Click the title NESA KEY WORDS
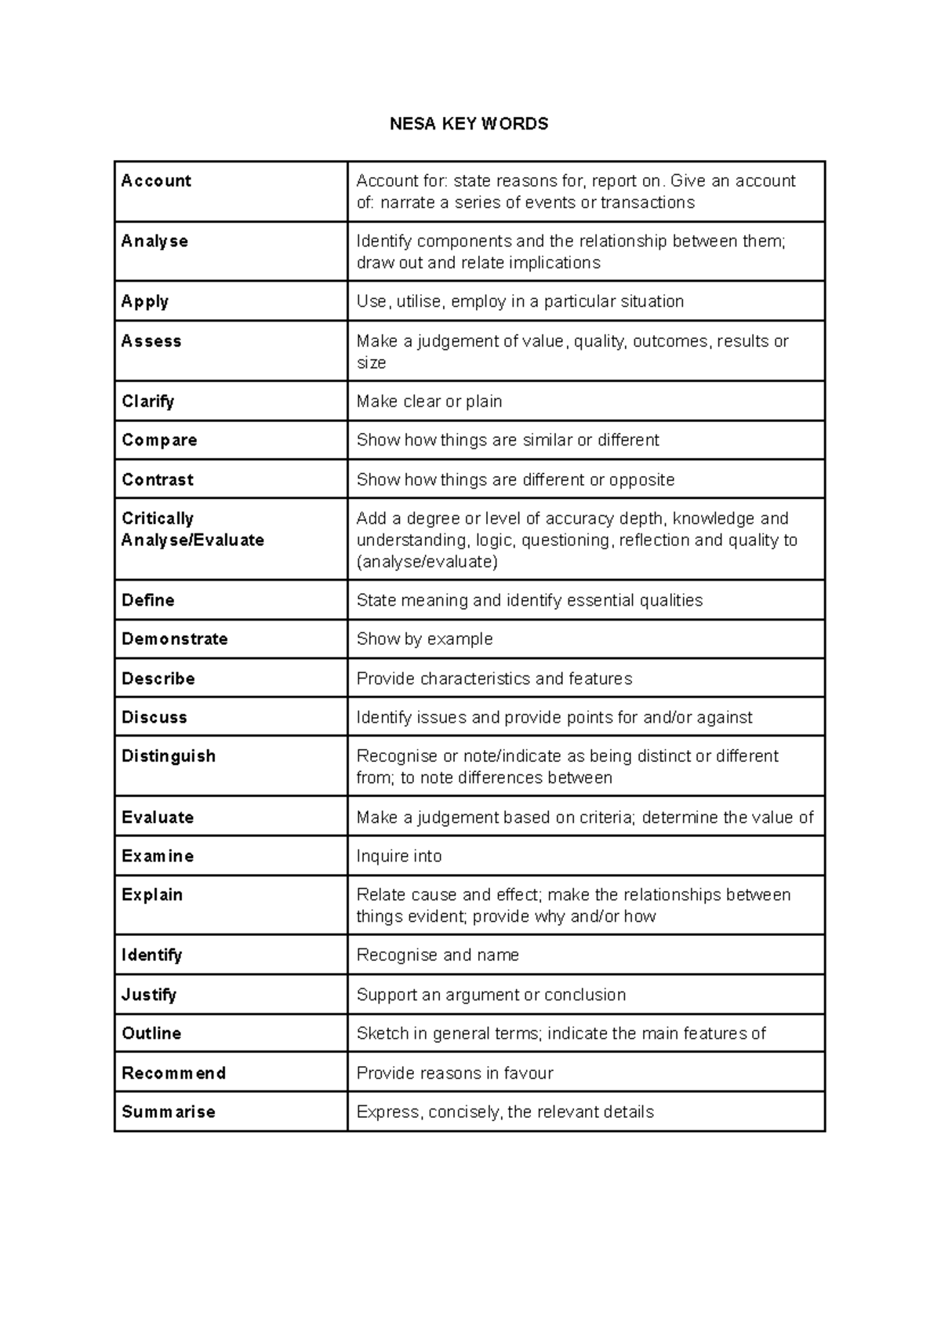469,124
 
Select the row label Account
156,181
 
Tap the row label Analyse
154,242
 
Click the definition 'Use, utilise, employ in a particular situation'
520,302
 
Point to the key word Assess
151,341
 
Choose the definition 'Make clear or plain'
429,402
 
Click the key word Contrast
158,480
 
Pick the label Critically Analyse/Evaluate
192,530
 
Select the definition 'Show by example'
424,639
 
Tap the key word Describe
158,679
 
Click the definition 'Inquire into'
398,857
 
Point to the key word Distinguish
169,756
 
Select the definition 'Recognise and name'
438,956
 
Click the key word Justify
149,995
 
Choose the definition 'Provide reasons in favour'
455,1073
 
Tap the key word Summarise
169,1112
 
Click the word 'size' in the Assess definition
371,363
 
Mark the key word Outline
151,1034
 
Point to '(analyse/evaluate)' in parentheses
427,563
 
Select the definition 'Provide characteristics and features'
494,679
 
